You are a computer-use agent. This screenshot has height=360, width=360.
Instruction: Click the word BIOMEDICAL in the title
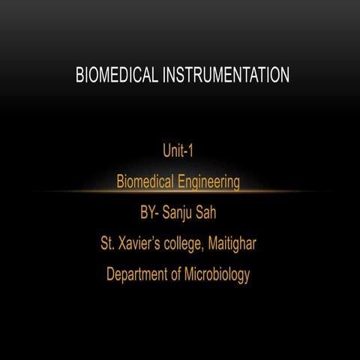coord(115,75)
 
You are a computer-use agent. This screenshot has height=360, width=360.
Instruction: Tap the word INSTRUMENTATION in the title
coord(223,75)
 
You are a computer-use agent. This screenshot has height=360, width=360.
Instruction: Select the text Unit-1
coord(178,151)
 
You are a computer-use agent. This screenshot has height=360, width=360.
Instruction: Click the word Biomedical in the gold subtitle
coord(145,181)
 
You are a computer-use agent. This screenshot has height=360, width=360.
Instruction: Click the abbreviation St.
coord(107,243)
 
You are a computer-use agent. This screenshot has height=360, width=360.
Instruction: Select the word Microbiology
coord(217,274)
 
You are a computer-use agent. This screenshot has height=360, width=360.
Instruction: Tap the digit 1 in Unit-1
coord(191,151)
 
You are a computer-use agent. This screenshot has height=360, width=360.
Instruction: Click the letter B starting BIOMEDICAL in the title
coord(79,75)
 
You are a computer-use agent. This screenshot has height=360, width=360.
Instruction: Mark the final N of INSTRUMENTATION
coord(285,75)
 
